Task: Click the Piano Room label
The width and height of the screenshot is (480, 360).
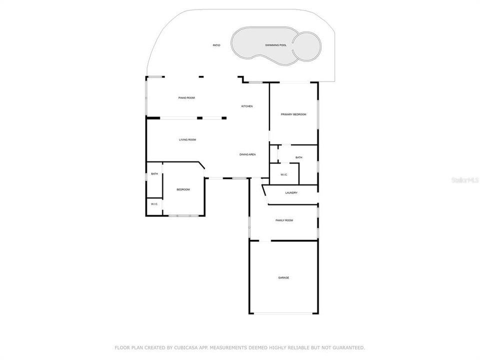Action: pyautogui.click(x=186, y=97)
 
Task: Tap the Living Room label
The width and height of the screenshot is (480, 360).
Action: pyautogui.click(x=187, y=139)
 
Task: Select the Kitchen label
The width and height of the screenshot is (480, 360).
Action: pyautogui.click(x=247, y=106)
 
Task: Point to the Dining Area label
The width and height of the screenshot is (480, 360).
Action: pyautogui.click(x=247, y=154)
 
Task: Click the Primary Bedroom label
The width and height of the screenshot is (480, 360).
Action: pyautogui.click(x=293, y=114)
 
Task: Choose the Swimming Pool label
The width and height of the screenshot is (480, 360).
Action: pyautogui.click(x=275, y=45)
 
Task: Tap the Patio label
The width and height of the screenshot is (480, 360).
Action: pyautogui.click(x=216, y=45)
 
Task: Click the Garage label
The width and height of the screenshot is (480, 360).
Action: pyautogui.click(x=283, y=277)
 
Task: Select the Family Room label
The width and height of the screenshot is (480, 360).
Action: pyautogui.click(x=284, y=220)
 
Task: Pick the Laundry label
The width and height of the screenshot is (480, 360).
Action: pyautogui.click(x=291, y=192)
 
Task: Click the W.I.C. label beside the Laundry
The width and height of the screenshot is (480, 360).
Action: pyautogui.click(x=283, y=174)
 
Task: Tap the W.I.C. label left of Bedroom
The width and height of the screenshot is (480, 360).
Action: pyautogui.click(x=154, y=204)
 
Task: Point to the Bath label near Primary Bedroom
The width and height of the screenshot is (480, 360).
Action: pyautogui.click(x=298, y=157)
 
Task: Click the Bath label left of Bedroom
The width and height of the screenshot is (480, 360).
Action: pyautogui.click(x=154, y=174)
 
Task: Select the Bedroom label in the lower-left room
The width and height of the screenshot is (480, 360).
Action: pyautogui.click(x=183, y=189)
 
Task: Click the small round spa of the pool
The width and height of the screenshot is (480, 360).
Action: pyautogui.click(x=306, y=44)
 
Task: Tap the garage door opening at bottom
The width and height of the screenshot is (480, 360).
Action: pyautogui.click(x=283, y=313)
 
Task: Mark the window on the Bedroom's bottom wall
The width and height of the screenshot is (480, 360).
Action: pyautogui.click(x=182, y=215)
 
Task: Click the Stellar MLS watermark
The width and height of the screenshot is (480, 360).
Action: pyautogui.click(x=464, y=178)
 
